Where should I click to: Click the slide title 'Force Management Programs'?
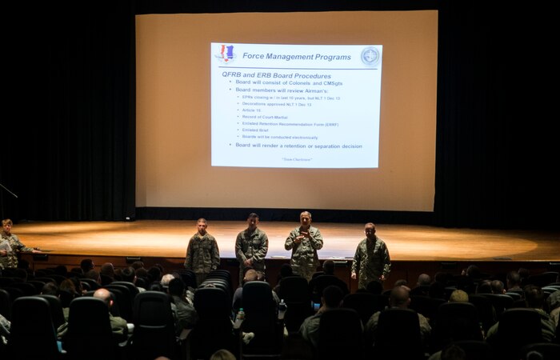[297, 57]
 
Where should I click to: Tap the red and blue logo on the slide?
[226, 54]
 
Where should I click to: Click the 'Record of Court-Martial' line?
[264, 117]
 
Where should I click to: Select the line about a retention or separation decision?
[298, 146]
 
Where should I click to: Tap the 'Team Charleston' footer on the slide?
[297, 159]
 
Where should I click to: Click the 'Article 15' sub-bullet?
[251, 110]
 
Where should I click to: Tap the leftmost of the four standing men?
[202, 248]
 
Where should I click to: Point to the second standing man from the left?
[252, 244]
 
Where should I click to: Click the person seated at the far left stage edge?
[8, 243]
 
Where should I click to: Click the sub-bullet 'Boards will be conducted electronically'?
[280, 137]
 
